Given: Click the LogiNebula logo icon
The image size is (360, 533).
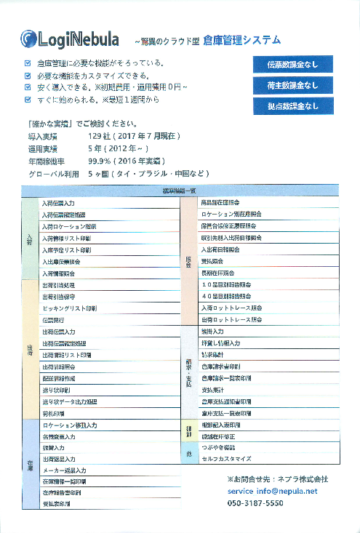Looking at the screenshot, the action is click(x=28, y=39).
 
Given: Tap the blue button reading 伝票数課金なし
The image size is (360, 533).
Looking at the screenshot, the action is click(x=293, y=64).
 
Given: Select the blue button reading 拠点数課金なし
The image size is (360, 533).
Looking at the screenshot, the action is click(x=293, y=105).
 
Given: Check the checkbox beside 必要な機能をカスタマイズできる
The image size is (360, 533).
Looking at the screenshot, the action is click(x=28, y=76).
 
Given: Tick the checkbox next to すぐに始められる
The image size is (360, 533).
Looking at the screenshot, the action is click(x=28, y=99).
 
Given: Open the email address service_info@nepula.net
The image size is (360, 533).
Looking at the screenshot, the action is click(x=272, y=491).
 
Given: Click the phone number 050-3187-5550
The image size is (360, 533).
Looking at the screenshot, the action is click(x=255, y=503).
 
